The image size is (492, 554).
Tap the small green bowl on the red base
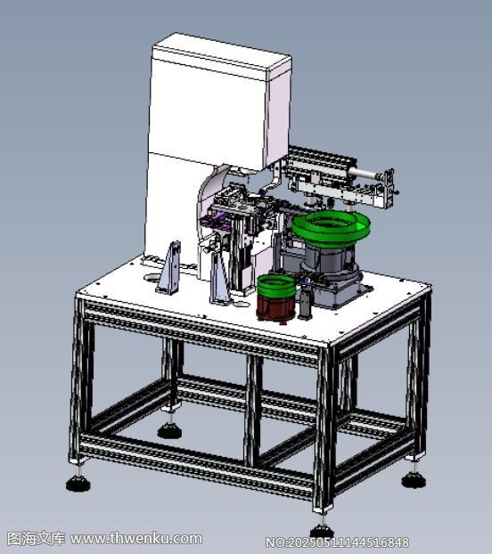[276, 285]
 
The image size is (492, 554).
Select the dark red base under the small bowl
[276, 309]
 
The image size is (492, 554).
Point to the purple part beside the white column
[214, 220]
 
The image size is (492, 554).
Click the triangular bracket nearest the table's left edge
[169, 268]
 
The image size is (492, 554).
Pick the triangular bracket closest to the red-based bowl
[220, 278]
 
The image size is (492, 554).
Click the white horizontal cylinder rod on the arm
[365, 174]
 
